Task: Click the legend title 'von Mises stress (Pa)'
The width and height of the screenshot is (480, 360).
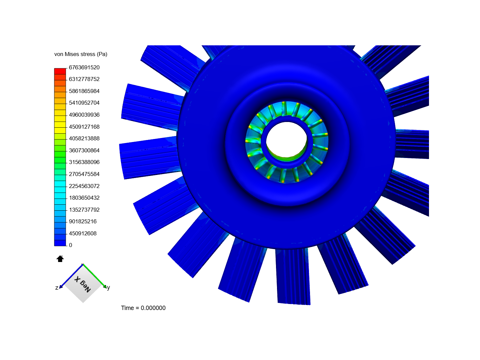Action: (x=81, y=54)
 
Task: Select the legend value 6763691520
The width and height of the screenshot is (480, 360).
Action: (x=84, y=68)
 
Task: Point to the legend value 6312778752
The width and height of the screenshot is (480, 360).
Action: (x=84, y=79)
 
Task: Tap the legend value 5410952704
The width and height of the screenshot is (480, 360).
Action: (x=84, y=103)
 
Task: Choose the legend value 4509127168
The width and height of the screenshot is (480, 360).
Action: (x=84, y=127)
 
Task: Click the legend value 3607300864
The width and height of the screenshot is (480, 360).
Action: (x=84, y=150)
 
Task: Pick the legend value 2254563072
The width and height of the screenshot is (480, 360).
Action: (x=84, y=186)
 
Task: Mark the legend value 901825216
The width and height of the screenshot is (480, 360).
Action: (x=83, y=221)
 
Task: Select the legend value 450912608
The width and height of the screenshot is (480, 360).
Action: (x=83, y=233)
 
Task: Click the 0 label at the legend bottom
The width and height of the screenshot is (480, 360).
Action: (x=70, y=245)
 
